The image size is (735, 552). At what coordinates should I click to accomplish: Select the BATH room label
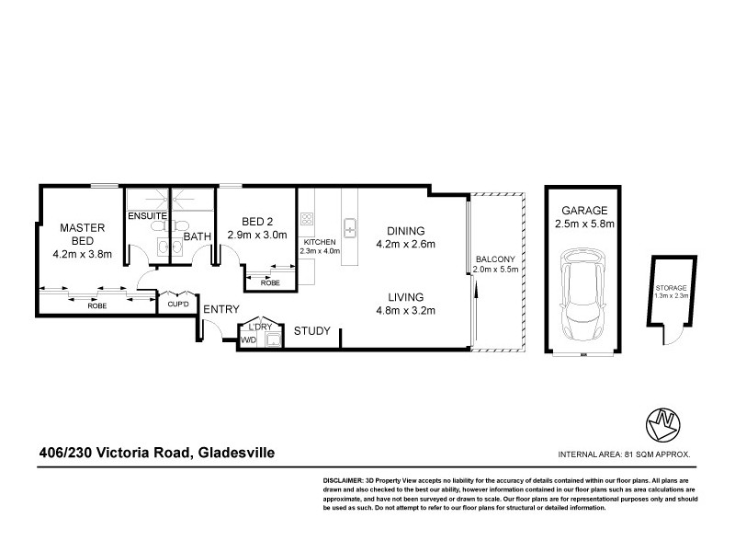click(x=198, y=236)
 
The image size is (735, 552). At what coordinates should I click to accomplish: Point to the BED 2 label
click(x=257, y=222)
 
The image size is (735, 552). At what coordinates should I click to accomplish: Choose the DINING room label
click(x=404, y=231)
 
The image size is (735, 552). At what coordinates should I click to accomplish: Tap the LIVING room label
click(x=404, y=297)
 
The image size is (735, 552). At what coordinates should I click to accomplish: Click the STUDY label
click(x=311, y=332)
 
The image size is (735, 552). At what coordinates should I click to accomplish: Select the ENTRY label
click(x=220, y=309)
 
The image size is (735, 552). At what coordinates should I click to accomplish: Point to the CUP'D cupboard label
click(x=176, y=305)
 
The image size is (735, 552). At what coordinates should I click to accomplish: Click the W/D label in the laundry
click(x=247, y=340)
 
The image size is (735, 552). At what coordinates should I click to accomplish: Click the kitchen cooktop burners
click(x=306, y=219)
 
